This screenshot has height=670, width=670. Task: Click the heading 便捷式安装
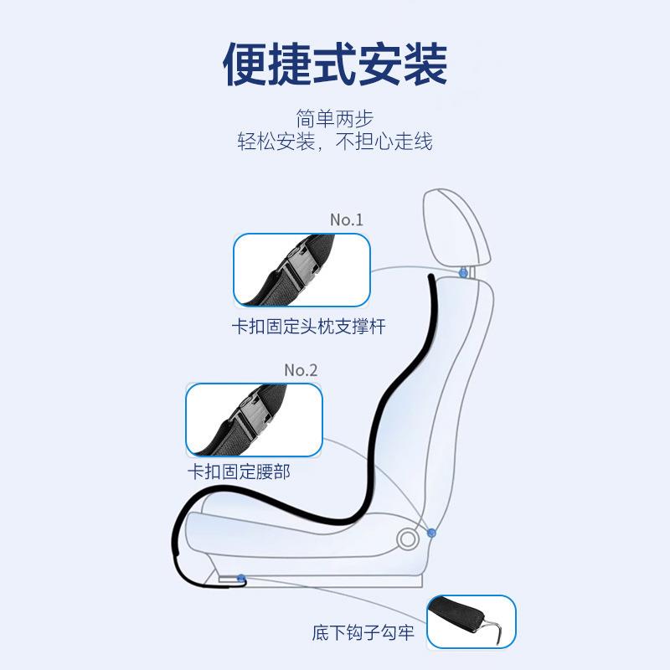tap(335, 64)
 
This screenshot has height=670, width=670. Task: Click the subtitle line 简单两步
tap(334, 118)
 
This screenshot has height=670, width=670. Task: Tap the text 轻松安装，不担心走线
tap(334, 141)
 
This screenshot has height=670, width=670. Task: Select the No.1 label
tap(346, 219)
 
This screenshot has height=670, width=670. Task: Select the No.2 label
tap(301, 369)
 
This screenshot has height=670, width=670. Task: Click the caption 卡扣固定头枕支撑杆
tap(308, 327)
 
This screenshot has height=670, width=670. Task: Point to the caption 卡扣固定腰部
tap(239, 472)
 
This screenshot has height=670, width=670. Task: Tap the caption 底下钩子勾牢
tap(373, 633)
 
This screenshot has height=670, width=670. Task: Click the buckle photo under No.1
tap(301, 270)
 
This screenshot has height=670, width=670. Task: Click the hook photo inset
tap(471, 621)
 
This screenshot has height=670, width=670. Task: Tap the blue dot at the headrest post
tap(463, 273)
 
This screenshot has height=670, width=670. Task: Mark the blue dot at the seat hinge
tap(431, 532)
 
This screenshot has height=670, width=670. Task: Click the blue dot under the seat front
tap(241, 578)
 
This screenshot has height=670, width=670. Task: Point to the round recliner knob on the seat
tap(408, 538)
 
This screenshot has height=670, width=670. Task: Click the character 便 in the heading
tap(244, 64)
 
